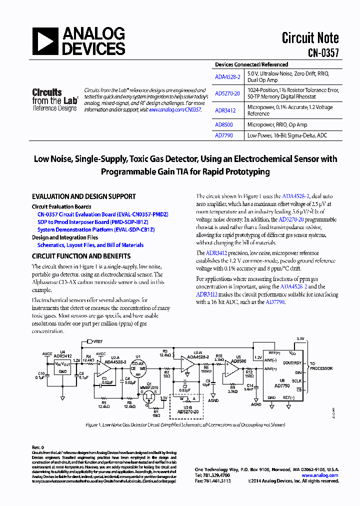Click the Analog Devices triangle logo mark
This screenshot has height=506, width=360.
[x=45, y=41]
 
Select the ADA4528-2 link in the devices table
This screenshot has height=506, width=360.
[x=227, y=77]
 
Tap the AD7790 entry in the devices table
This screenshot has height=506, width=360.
[x=224, y=135]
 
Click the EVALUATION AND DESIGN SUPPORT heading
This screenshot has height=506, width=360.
[x=83, y=197]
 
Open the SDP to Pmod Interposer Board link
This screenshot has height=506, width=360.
[x=92, y=222]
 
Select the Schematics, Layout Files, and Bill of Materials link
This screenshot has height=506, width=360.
[x=90, y=245]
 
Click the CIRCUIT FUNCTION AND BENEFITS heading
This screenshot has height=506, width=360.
[x=81, y=256]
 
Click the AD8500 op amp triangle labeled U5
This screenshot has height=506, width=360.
[x=232, y=367]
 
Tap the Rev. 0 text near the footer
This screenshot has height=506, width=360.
[x=38, y=446]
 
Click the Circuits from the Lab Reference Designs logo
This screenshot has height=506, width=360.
[x=54, y=99]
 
